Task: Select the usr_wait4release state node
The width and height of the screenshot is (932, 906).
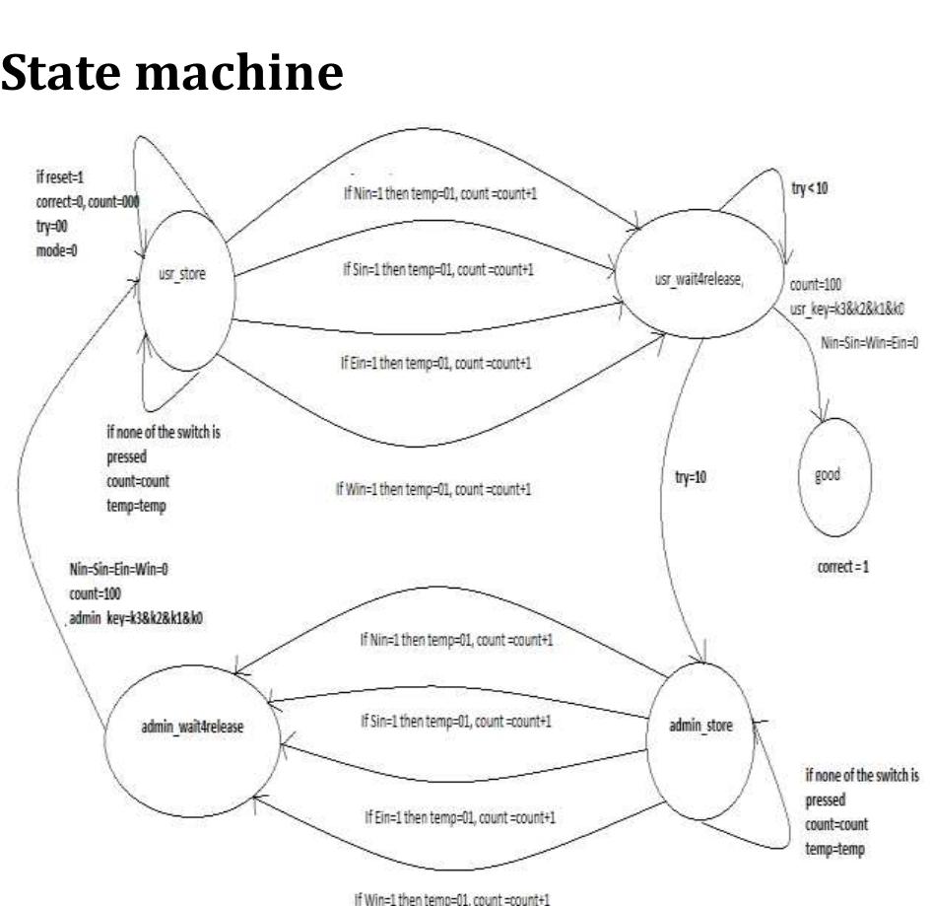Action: (x=699, y=280)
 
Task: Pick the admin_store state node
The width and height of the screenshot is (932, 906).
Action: (x=704, y=728)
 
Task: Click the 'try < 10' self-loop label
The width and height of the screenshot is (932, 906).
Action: (x=809, y=187)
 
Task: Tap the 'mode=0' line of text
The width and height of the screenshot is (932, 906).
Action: (x=50, y=251)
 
